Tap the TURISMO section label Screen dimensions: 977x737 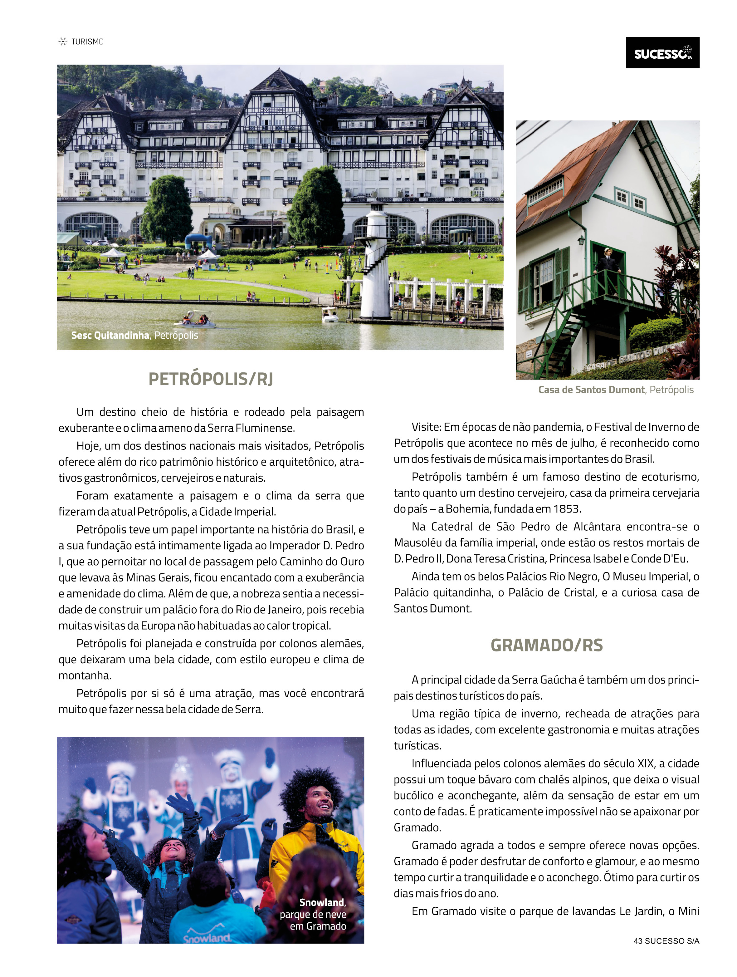point(87,42)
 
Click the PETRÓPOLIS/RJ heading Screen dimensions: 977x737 point(211,379)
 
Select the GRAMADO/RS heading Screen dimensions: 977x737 point(546,645)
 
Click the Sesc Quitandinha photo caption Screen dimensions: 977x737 point(135,335)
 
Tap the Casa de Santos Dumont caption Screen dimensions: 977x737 point(616,390)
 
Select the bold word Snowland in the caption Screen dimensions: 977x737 point(322,902)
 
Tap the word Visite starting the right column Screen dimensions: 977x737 point(426,427)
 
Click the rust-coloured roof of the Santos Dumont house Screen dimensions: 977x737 point(570,168)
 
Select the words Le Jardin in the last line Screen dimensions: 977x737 point(642,911)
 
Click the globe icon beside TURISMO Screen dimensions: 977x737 point(63,42)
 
